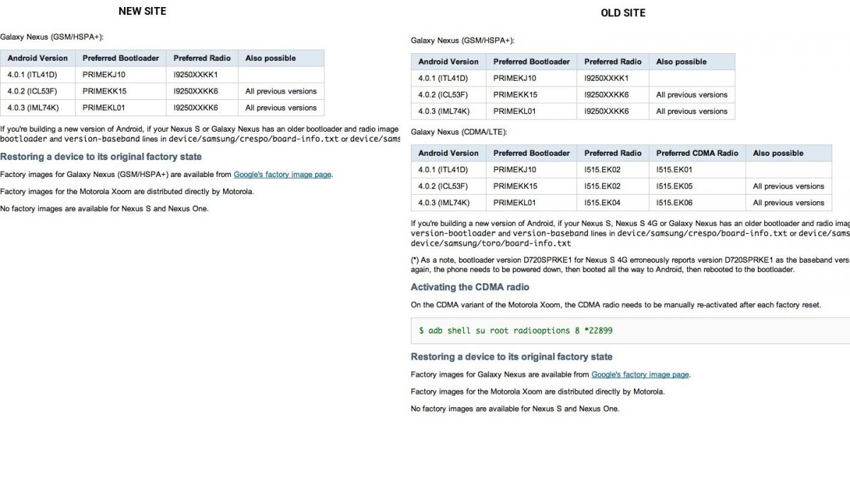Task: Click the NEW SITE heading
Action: click(x=142, y=11)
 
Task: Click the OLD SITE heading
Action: click(x=623, y=13)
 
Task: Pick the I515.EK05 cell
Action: click(x=674, y=186)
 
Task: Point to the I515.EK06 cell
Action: click(x=674, y=203)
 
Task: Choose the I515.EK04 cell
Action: click(x=602, y=203)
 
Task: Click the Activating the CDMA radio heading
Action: click(x=470, y=287)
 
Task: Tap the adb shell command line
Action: click(x=516, y=331)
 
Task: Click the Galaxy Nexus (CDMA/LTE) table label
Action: click(x=459, y=132)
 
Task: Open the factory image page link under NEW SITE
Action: click(x=283, y=174)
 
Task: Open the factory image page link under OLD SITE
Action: click(x=640, y=375)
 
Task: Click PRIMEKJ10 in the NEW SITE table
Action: click(x=103, y=74)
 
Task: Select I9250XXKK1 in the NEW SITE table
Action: click(x=195, y=74)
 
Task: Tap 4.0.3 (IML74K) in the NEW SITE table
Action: click(x=33, y=108)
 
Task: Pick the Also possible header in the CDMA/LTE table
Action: click(x=778, y=153)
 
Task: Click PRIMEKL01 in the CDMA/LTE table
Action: click(x=515, y=203)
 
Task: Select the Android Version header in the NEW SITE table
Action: click(x=38, y=58)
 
